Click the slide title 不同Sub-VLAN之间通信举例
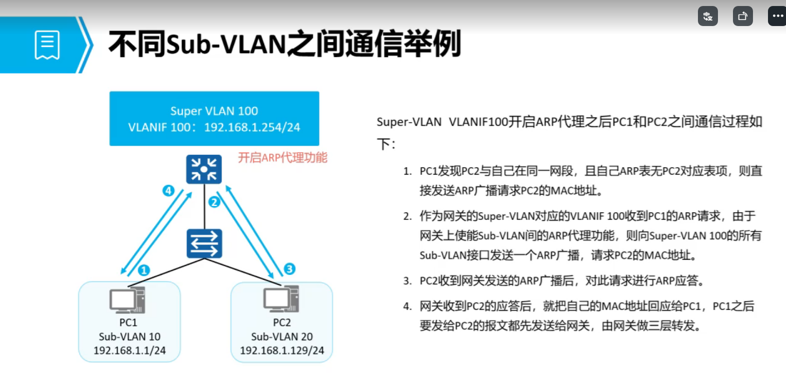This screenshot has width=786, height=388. tap(284, 44)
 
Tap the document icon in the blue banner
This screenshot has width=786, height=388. tap(47, 45)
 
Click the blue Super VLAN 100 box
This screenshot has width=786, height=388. tap(214, 119)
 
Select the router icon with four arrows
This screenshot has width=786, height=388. tap(204, 169)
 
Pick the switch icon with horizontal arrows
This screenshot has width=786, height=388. tap(204, 243)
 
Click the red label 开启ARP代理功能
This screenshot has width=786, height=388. tap(283, 158)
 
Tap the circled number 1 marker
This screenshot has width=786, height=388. tap(144, 270)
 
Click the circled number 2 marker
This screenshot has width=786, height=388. tap(214, 202)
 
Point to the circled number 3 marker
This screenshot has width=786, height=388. tap(289, 269)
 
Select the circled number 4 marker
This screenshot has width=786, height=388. tap(168, 190)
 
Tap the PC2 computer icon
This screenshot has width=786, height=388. tap(281, 299)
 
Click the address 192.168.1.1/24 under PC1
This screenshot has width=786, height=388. tap(130, 350)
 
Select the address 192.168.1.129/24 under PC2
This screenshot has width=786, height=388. tap(282, 350)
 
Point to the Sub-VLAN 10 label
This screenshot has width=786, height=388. tap(130, 336)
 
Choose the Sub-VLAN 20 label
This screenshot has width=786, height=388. tap(282, 336)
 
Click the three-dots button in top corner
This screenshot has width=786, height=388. tap(777, 16)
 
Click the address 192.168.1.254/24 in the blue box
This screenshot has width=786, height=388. tap(252, 127)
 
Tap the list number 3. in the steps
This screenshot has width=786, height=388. tap(407, 281)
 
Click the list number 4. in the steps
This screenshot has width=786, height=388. tap(407, 306)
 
